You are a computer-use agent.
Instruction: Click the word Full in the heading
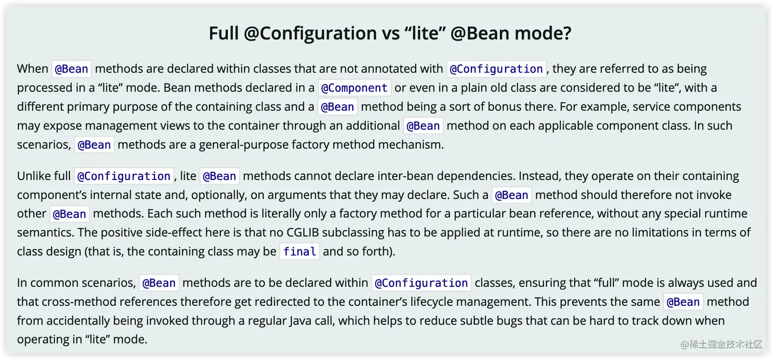(223, 33)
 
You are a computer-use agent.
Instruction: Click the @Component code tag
(354, 87)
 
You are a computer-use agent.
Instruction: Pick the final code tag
(300, 251)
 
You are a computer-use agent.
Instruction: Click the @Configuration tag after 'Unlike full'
(124, 176)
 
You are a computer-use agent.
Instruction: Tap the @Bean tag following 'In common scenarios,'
(159, 283)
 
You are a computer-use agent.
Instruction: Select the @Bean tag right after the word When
(72, 69)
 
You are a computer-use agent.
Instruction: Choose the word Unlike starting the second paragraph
(33, 176)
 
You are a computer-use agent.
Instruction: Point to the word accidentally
(78, 321)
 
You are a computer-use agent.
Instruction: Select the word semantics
(46, 233)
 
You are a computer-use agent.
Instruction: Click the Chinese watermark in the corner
(721, 344)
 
